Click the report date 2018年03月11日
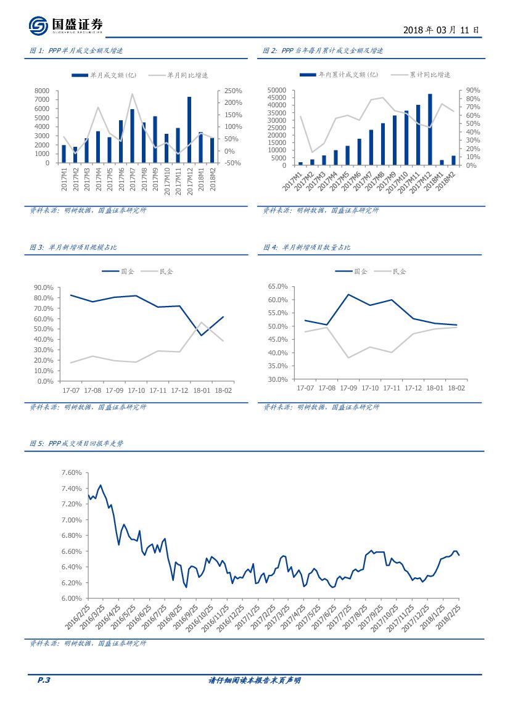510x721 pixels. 440,30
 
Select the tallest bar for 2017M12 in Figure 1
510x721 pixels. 189,130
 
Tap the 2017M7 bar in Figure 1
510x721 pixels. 132,136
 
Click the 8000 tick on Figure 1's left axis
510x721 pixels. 41,91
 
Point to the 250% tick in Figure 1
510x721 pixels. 232,91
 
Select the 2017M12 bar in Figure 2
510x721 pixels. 430,130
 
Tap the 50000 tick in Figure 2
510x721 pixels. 277,91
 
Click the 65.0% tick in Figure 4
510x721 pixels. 279,287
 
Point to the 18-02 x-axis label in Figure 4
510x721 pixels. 456,388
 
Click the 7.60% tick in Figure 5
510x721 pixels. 72,473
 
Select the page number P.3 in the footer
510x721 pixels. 43,680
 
